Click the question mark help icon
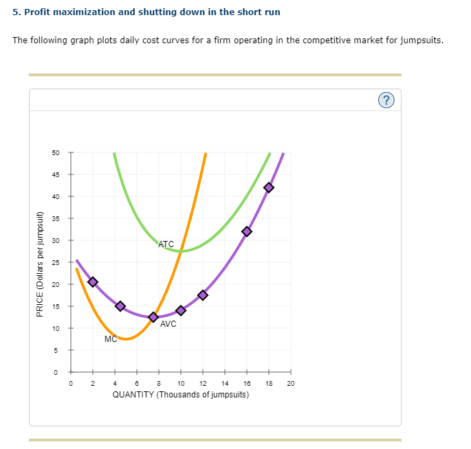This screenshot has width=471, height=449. [387, 101]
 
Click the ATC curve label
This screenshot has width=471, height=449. [166, 244]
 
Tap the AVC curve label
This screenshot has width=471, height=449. [168, 324]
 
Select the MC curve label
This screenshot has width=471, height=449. [111, 339]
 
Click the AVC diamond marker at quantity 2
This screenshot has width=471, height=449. [93, 282]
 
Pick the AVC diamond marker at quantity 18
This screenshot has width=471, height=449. [269, 187]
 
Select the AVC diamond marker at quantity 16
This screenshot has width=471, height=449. [247, 231]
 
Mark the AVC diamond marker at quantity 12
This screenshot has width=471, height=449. [203, 295]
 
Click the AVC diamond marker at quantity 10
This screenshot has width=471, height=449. [181, 310]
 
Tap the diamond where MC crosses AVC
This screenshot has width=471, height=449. [153, 317]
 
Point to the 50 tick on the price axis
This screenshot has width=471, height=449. [55, 152]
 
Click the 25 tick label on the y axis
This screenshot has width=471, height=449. [55, 262]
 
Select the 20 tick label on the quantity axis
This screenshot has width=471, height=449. [290, 384]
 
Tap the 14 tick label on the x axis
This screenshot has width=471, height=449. [225, 384]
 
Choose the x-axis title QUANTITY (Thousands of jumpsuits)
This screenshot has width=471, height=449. [180, 395]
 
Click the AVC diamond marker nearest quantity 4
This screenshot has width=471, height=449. [120, 306]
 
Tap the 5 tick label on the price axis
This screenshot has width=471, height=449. [57, 350]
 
